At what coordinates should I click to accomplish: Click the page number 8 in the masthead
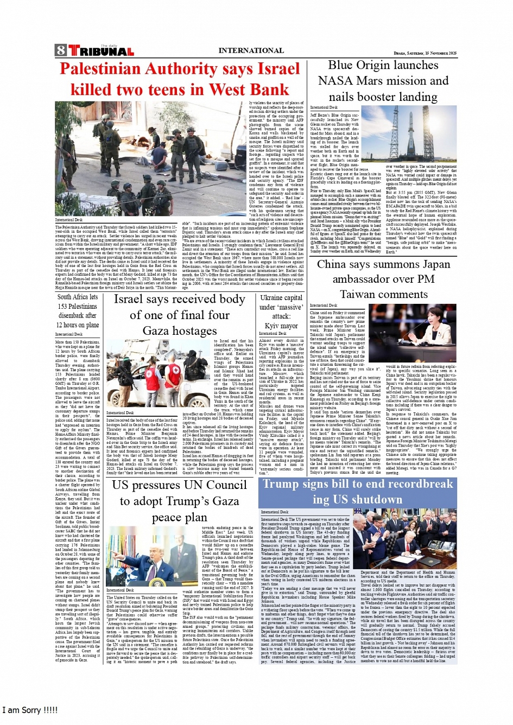(x=60, y=51)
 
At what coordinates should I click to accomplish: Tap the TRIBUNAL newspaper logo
(x=101, y=52)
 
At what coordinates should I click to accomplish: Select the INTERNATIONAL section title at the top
(x=251, y=50)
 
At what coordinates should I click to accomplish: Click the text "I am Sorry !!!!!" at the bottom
(x=30, y=710)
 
